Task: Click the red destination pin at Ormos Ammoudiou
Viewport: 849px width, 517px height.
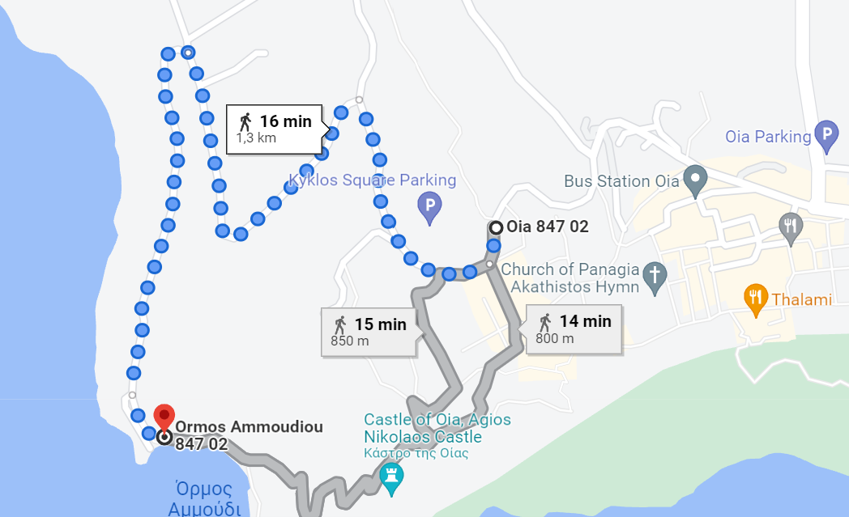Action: point(164,417)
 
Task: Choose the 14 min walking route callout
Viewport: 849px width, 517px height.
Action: point(574,328)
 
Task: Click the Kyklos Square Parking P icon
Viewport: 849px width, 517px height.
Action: point(429,208)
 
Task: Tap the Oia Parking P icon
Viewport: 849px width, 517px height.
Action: point(826,136)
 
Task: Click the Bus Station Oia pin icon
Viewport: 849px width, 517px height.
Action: point(694,180)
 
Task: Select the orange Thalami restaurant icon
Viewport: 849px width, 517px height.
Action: point(756,299)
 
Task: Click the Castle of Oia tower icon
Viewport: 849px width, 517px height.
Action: point(392,477)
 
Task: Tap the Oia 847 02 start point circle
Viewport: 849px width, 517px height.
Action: point(495,227)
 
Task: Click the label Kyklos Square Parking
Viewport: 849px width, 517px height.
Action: point(373,180)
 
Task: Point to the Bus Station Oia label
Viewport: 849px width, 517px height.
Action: point(621,181)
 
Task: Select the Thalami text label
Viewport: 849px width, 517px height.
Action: point(801,299)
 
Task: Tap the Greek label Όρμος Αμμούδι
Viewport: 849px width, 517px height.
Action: point(204,498)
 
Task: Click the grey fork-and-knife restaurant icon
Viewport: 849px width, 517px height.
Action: point(791,228)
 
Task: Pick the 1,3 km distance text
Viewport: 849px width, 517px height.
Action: point(256,138)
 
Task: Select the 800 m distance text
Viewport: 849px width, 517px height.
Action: point(554,338)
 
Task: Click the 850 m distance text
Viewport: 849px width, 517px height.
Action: point(350,341)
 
